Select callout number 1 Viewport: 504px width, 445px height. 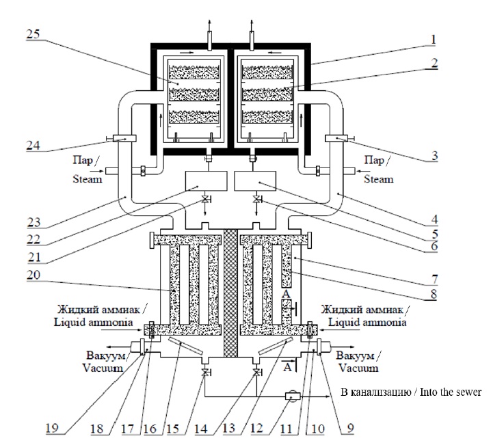coord(432,40)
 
